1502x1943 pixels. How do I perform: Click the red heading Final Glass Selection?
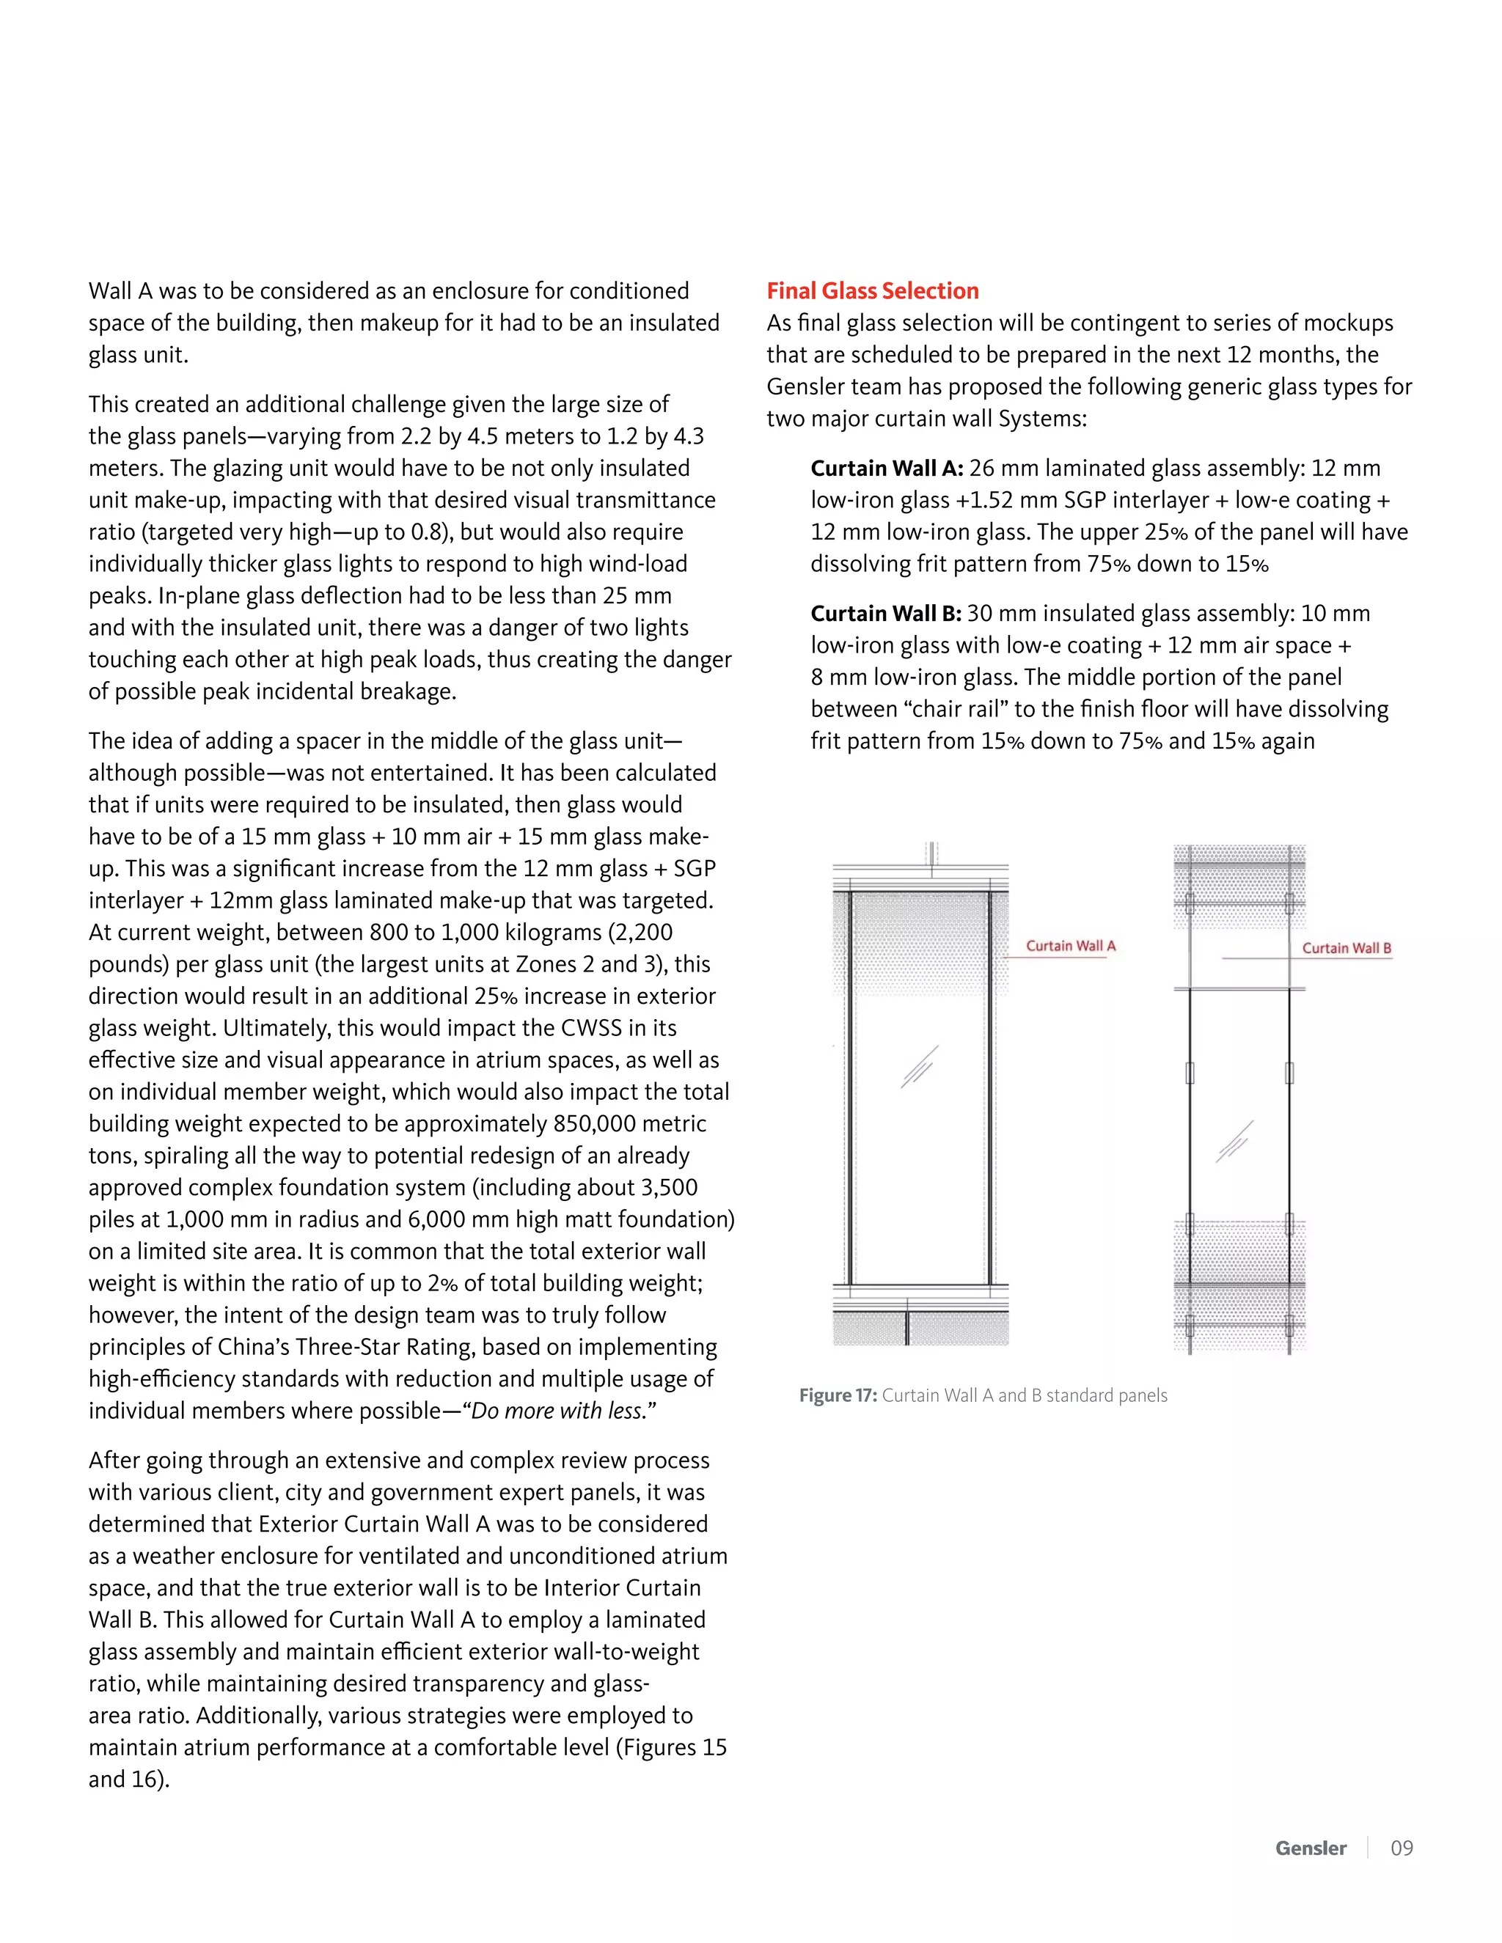[x=872, y=291]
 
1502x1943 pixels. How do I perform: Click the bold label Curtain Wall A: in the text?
[x=886, y=468]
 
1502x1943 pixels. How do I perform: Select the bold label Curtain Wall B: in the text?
[x=885, y=613]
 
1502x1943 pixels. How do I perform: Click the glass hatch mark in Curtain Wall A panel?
[x=919, y=1067]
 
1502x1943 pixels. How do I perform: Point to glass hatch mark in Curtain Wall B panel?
[x=1234, y=1142]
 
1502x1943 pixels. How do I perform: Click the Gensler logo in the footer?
[x=1310, y=1848]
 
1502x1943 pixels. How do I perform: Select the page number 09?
[x=1402, y=1848]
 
